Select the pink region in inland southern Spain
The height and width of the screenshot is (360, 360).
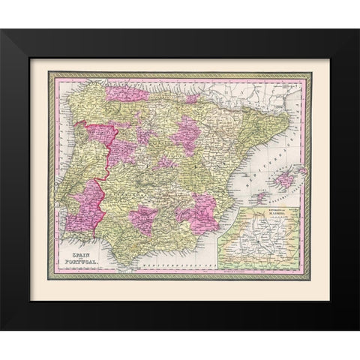coord(144,221)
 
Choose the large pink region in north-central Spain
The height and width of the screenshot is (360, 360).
coord(184,135)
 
